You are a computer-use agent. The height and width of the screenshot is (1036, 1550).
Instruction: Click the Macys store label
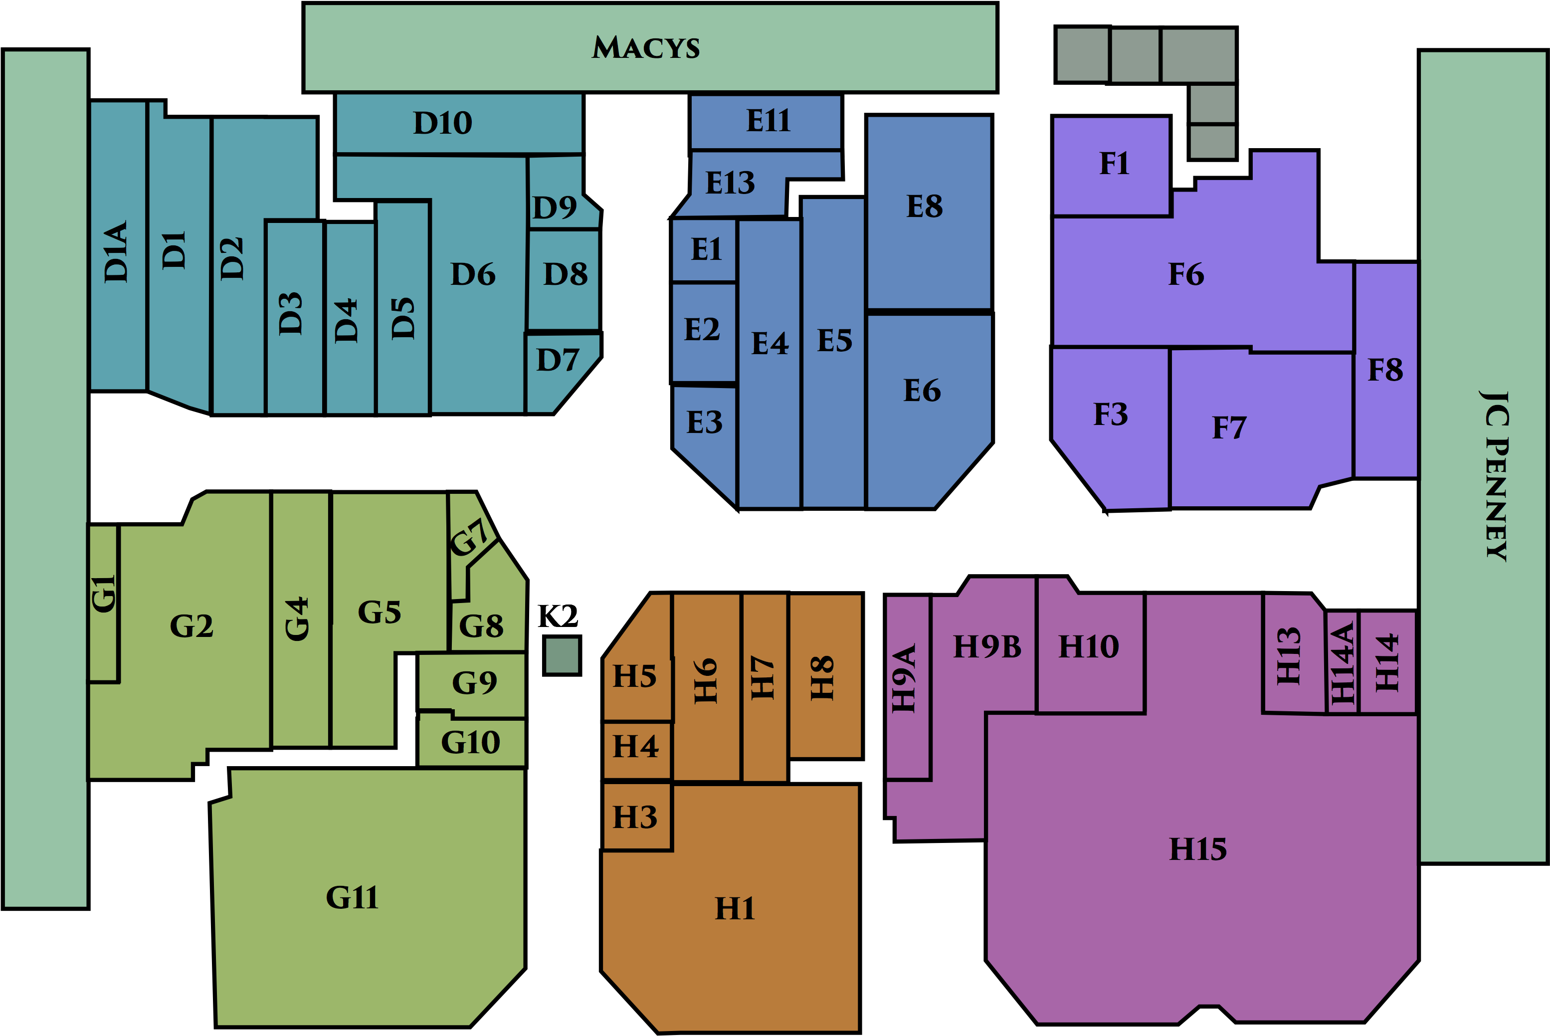645,47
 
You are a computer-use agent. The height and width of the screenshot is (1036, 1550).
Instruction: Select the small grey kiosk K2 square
562,655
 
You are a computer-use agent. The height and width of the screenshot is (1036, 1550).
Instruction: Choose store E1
704,250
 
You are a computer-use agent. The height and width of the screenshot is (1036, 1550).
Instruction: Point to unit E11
766,122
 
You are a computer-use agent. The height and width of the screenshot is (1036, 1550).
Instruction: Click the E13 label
730,183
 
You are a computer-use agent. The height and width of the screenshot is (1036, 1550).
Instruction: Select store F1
1112,165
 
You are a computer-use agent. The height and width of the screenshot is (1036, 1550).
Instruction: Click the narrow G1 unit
104,603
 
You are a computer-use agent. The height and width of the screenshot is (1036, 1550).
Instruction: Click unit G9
472,682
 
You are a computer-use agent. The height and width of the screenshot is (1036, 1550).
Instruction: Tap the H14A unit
1342,662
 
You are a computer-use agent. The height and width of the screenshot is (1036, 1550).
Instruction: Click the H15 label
1198,849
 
